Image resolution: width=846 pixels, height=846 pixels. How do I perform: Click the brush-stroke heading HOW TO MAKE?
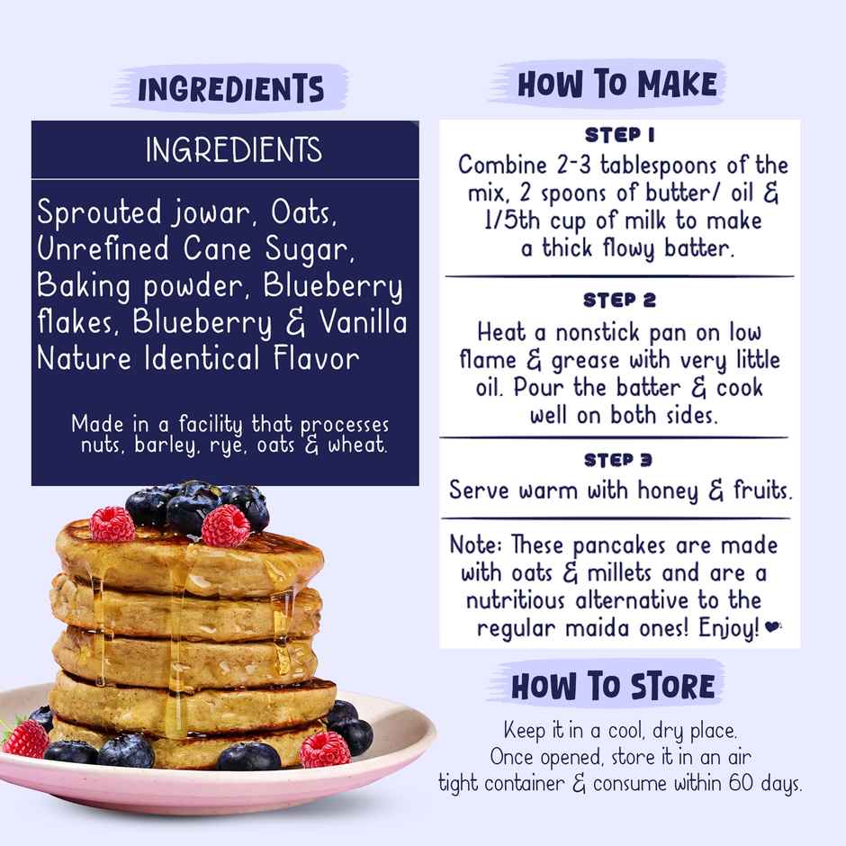pos(617,85)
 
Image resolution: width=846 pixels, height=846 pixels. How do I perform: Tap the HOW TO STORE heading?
pos(613,687)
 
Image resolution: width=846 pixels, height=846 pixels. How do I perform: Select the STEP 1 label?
pos(619,136)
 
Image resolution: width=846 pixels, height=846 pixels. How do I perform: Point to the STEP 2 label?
pos(619,300)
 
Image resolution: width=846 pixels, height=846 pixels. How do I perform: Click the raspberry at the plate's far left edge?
pos(24,738)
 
